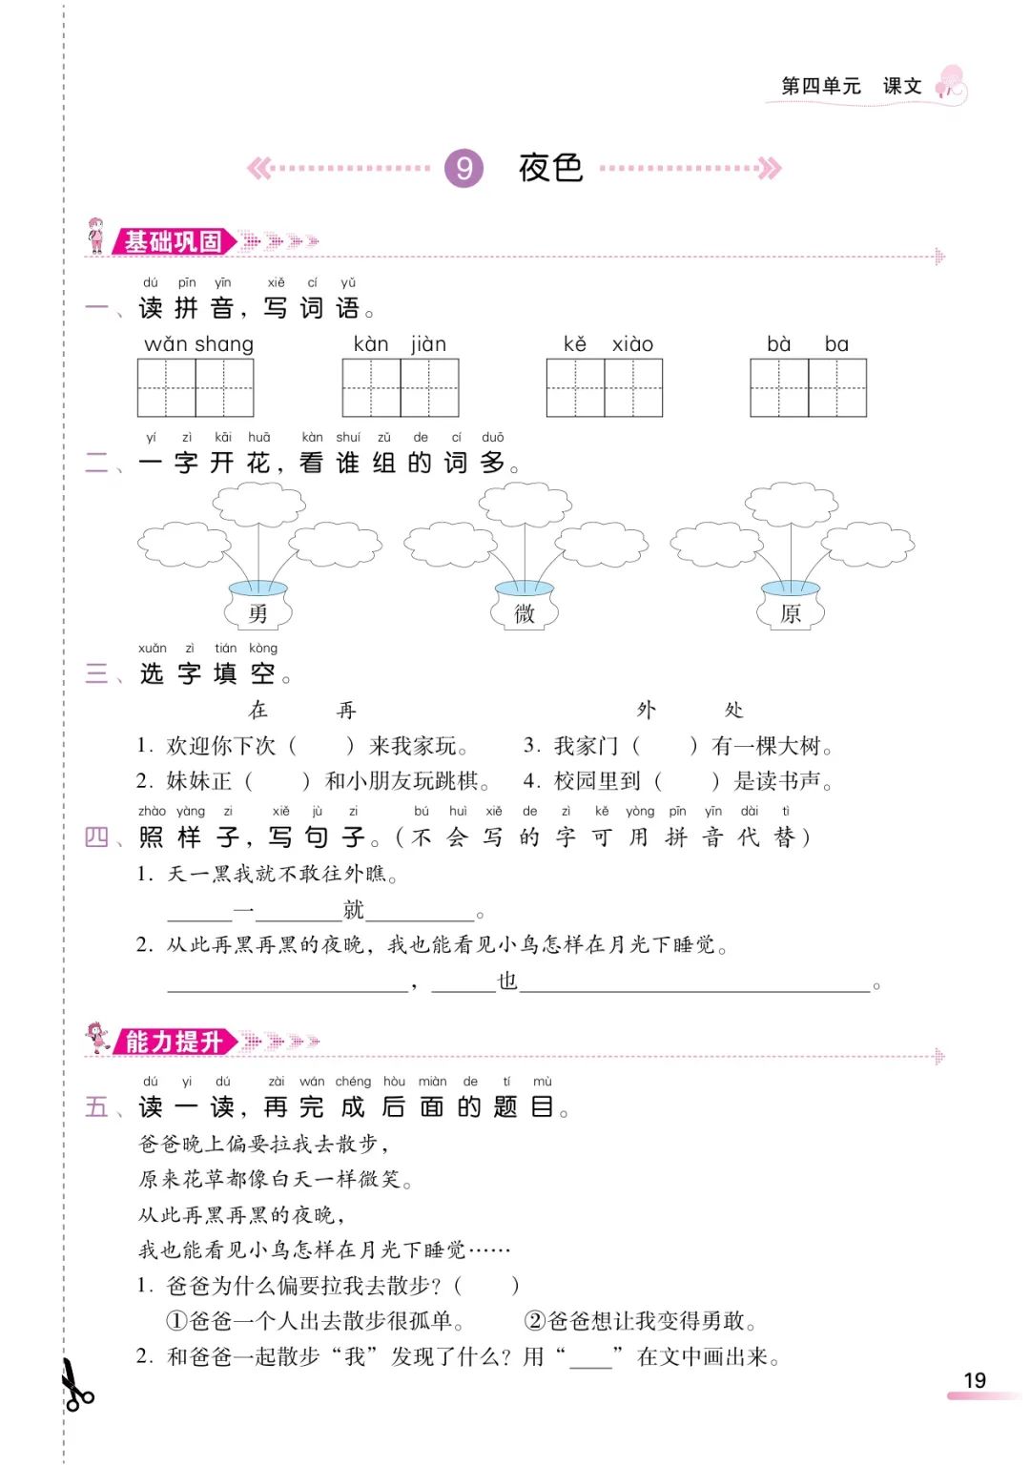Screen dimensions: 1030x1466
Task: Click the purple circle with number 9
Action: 463,169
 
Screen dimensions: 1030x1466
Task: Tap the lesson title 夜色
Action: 550,168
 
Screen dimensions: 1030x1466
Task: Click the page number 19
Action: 974,1380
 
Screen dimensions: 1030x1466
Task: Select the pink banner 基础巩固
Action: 174,242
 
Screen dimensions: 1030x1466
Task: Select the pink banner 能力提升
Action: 174,1042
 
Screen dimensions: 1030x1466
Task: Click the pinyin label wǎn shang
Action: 198,344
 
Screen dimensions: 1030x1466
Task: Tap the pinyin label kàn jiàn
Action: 400,344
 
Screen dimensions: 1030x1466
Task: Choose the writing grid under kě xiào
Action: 604,388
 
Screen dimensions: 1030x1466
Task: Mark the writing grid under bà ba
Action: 808,388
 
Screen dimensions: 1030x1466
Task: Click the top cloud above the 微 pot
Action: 525,504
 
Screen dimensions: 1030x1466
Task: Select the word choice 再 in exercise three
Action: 346,711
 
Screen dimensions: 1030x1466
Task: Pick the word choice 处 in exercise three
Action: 733,711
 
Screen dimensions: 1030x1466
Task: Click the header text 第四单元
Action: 820,87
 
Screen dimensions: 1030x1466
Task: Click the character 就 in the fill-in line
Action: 354,910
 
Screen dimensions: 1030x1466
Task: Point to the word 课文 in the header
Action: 901,87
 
